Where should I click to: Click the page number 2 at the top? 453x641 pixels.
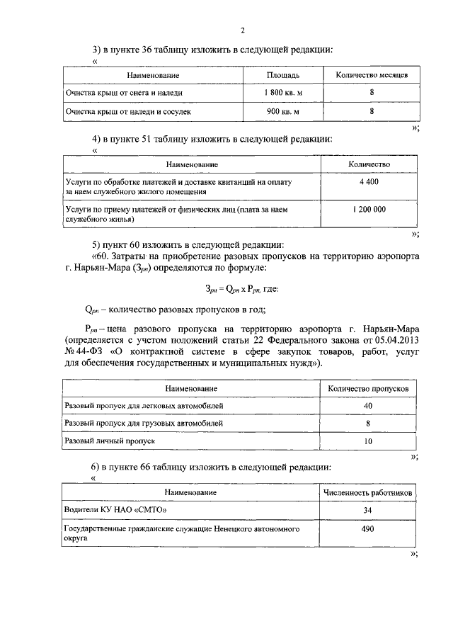click(242, 30)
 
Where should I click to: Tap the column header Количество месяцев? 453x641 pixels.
click(371, 74)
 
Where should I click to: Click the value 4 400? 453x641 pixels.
click(369, 182)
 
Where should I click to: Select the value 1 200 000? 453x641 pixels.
click(369, 210)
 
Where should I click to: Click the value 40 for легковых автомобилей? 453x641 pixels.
click(368, 406)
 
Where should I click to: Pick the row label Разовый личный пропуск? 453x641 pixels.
click(110, 441)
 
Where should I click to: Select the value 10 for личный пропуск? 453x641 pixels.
click(368, 441)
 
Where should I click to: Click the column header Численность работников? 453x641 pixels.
click(368, 492)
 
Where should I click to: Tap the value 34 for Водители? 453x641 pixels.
click(368, 510)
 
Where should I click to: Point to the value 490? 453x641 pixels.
click(368, 528)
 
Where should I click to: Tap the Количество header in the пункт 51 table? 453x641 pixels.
click(369, 164)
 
